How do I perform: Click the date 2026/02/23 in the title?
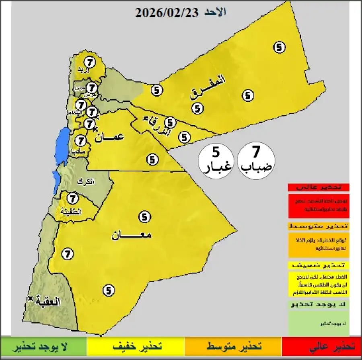pyautogui.click(x=167, y=12)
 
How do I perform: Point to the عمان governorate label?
pyautogui.click(x=109, y=137)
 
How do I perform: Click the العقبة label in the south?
pyautogui.click(x=48, y=301)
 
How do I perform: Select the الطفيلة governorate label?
pyautogui.click(x=70, y=211)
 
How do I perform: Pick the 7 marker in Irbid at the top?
pyautogui.click(x=89, y=62)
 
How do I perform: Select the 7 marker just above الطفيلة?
pyautogui.click(x=72, y=198)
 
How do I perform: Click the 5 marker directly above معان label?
pyautogui.click(x=144, y=217)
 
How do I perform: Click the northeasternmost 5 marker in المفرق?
pyautogui.click(x=280, y=47)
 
